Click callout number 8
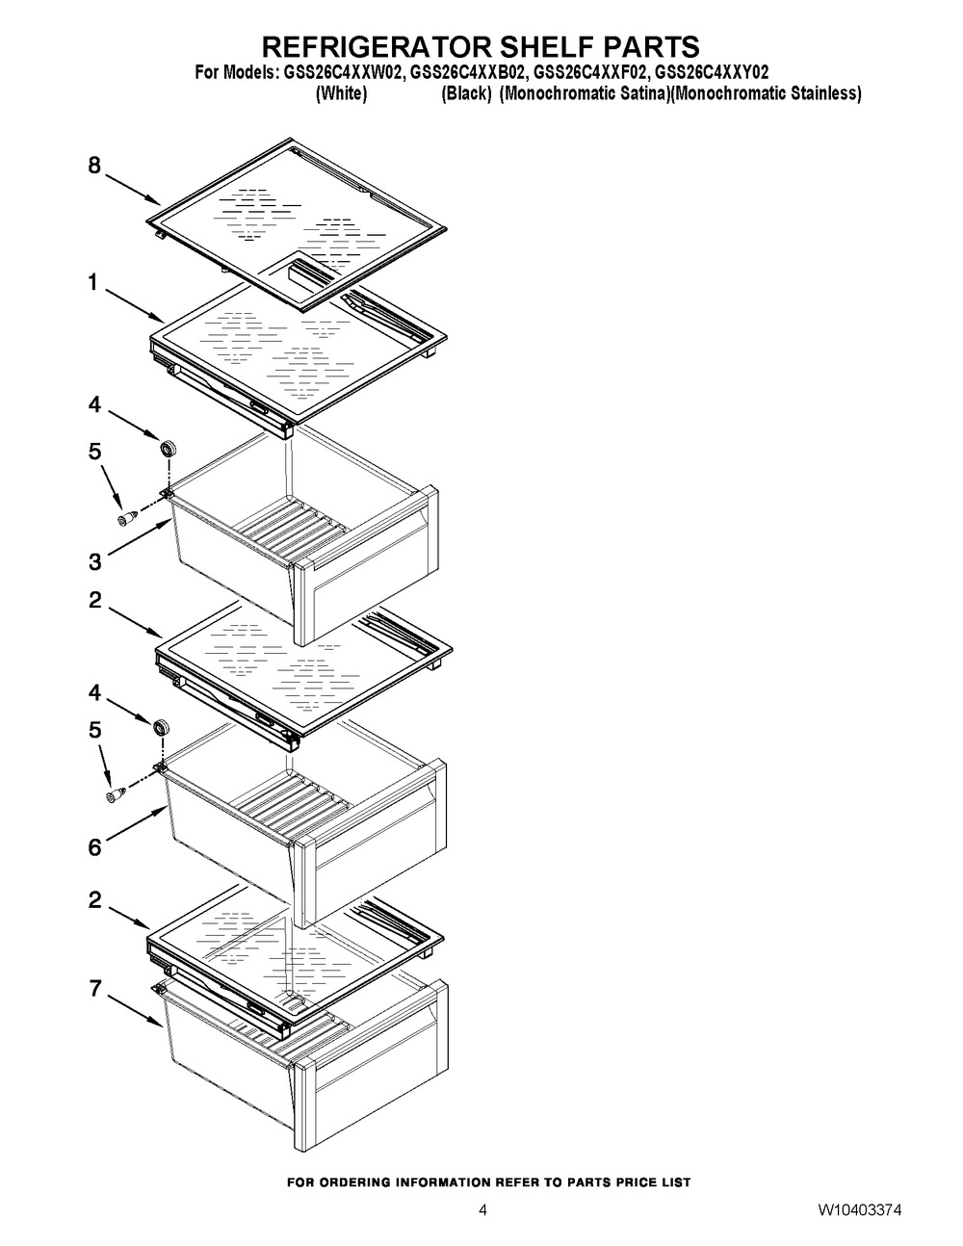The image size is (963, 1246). click(x=94, y=166)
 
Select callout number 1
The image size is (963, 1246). click(x=93, y=282)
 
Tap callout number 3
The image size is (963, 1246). click(x=95, y=561)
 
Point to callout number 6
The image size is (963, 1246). click(x=95, y=847)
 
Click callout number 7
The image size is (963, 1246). click(x=95, y=989)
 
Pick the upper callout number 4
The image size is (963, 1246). click(x=94, y=404)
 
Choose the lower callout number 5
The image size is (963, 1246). click(x=95, y=730)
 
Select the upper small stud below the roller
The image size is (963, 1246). click(x=127, y=517)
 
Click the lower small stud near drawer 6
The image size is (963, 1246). click(x=116, y=794)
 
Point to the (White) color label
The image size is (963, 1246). click(x=342, y=92)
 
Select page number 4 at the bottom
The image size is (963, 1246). click(x=482, y=1210)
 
